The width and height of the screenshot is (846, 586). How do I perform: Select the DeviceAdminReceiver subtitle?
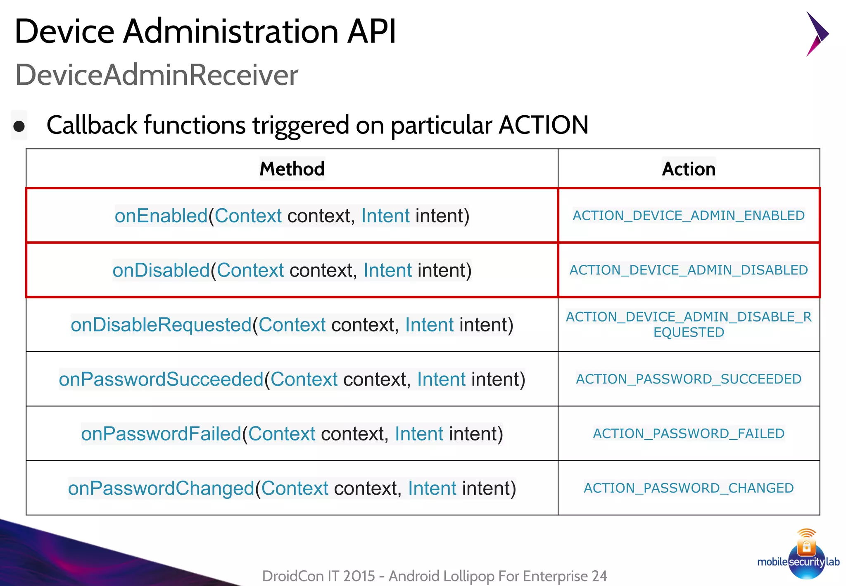click(x=157, y=75)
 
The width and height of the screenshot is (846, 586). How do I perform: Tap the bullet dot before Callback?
click(x=19, y=126)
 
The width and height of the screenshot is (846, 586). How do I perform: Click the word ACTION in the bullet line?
click(x=543, y=125)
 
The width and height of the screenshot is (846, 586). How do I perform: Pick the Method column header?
click(x=292, y=169)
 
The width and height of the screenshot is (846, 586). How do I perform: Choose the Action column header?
click(x=689, y=169)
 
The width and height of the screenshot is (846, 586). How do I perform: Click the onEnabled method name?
click(x=161, y=216)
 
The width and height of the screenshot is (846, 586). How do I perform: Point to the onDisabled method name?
click(x=161, y=270)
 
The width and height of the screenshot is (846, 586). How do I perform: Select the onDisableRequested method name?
click(x=161, y=325)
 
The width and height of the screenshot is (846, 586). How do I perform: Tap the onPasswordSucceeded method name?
click(x=161, y=379)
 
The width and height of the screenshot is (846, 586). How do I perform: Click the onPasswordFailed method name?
click(x=161, y=434)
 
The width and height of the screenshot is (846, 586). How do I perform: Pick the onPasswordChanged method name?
click(x=161, y=488)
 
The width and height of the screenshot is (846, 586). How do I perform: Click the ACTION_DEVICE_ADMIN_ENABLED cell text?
click(x=689, y=216)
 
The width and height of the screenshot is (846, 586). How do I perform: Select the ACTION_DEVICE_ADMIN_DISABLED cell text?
click(x=689, y=270)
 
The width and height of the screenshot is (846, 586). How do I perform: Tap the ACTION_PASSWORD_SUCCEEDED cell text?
click(x=689, y=379)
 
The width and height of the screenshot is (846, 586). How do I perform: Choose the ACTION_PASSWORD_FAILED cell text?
click(x=689, y=434)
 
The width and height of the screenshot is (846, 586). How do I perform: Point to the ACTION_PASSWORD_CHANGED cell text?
click(x=689, y=488)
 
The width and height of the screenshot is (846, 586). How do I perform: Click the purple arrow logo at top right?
click(x=817, y=34)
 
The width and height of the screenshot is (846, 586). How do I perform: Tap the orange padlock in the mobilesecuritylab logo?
click(x=806, y=547)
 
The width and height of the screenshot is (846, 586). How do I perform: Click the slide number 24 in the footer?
click(x=599, y=576)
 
